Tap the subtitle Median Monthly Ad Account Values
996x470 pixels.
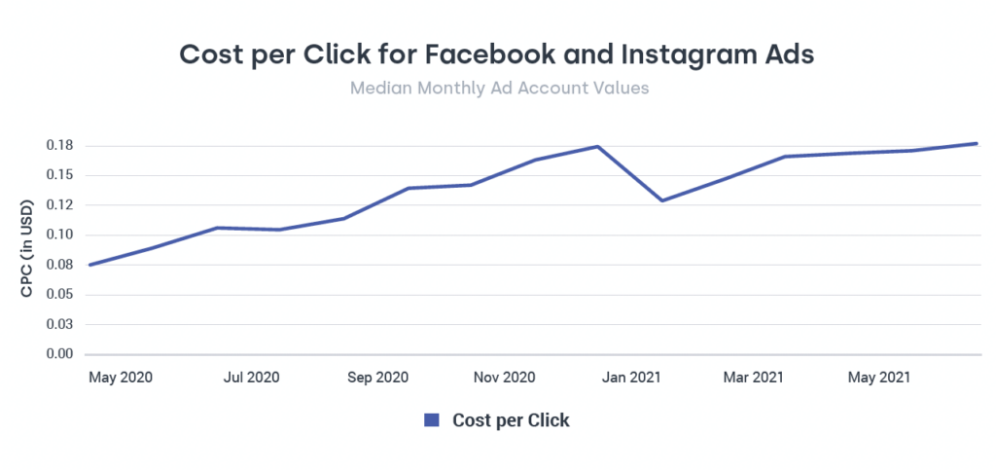click(499, 88)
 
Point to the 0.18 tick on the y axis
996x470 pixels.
click(60, 146)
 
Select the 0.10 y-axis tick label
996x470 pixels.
click(60, 235)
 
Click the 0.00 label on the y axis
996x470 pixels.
click(60, 354)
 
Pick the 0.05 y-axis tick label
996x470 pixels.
click(60, 295)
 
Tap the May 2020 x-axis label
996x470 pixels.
click(121, 377)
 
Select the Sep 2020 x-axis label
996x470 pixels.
click(377, 377)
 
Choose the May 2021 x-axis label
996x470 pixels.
click(879, 377)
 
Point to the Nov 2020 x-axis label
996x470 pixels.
click(505, 377)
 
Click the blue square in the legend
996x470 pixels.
click(432, 420)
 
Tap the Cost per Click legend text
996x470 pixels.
click(511, 420)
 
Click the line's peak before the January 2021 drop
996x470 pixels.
click(597, 147)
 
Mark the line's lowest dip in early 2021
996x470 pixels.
click(661, 200)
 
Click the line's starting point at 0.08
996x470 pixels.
click(89, 265)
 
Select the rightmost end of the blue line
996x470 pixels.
click(976, 144)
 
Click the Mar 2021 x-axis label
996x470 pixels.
click(755, 377)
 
